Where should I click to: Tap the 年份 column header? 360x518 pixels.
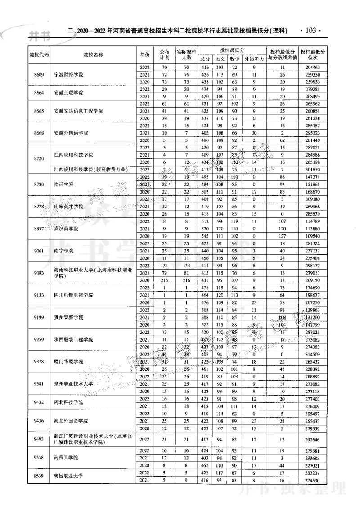coord(144,54)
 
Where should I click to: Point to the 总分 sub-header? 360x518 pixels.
coord(205,59)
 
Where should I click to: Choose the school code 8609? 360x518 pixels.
coord(39,74)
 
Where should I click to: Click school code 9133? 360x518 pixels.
coord(39,295)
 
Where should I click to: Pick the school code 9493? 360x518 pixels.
coord(39,439)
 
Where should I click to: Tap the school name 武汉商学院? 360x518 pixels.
coord(66,229)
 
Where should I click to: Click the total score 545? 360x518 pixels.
coord(205,236)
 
